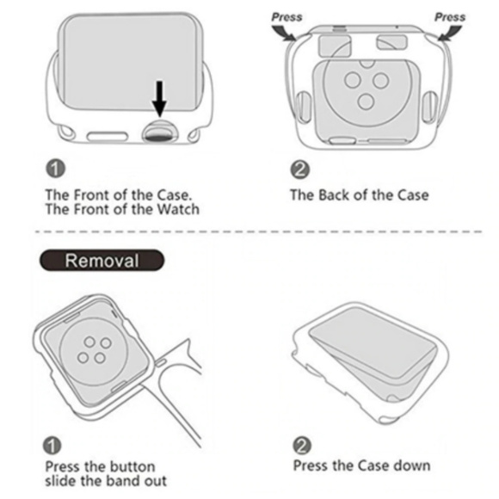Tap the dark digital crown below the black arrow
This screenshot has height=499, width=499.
pyautogui.click(x=160, y=130)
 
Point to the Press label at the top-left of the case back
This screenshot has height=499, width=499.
pyautogui.click(x=286, y=16)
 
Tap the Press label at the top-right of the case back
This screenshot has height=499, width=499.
pyautogui.click(x=449, y=16)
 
